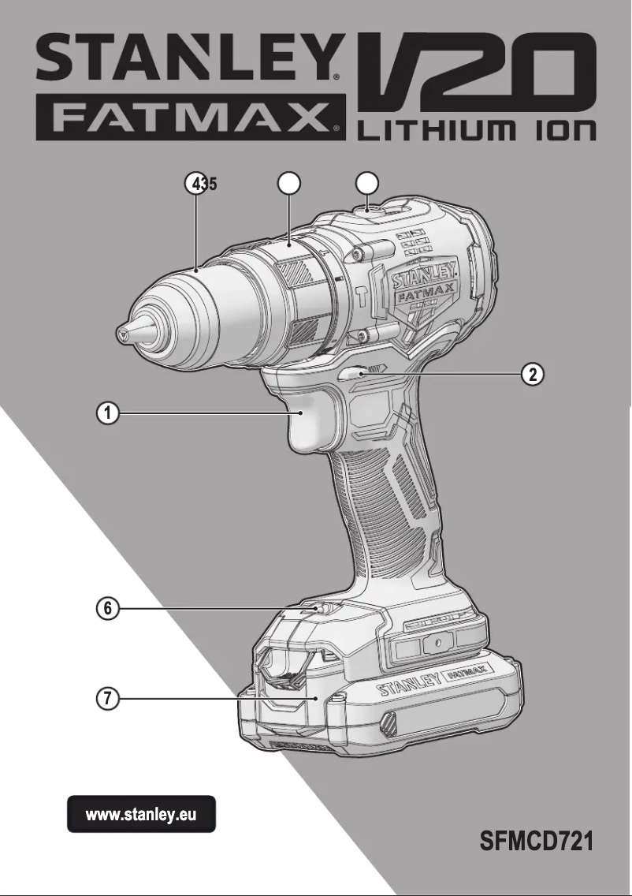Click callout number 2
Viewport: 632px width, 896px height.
[x=533, y=374]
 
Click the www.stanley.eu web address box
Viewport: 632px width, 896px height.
[x=140, y=814]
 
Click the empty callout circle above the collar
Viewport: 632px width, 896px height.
[x=289, y=184]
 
